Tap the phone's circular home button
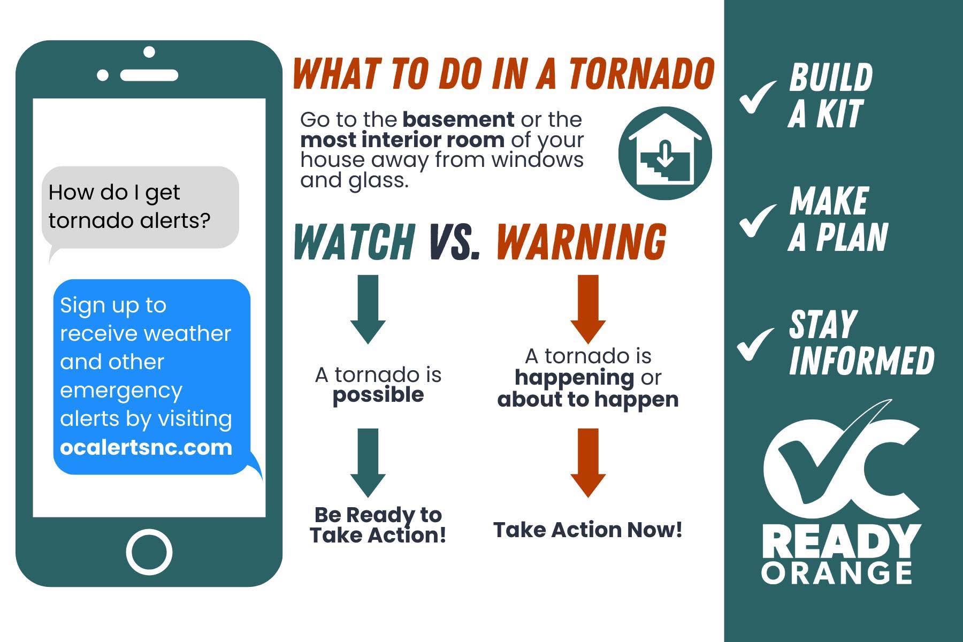click(149, 552)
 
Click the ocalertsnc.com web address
click(146, 447)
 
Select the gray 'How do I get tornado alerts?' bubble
click(140, 208)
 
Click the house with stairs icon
click(665, 154)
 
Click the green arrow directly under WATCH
click(368, 309)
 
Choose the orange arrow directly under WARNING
click(588, 309)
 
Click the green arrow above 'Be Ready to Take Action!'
click(368, 463)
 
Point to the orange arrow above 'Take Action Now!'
click(588, 463)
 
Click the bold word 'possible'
click(378, 395)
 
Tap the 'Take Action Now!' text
click(588, 530)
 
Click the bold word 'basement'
click(458, 119)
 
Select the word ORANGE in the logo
click(837, 572)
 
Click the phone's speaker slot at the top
click(149, 74)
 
